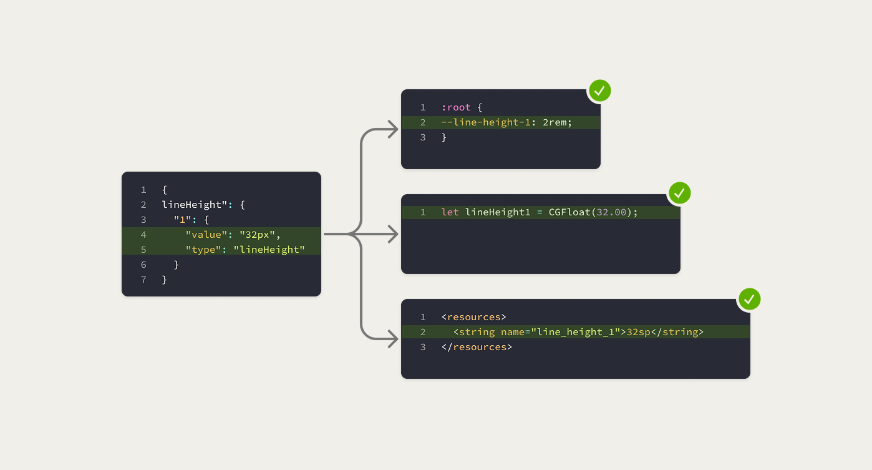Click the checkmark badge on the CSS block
point(599,91)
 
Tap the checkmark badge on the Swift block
point(679,193)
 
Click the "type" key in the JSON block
point(203,250)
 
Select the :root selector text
point(456,107)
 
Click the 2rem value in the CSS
point(555,122)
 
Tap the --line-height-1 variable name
point(486,122)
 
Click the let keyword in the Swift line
point(450,212)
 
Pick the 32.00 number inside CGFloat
point(611,212)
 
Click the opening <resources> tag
point(474,317)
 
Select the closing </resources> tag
point(477,347)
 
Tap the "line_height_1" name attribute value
point(575,332)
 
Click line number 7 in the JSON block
point(143,280)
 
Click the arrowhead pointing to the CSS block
point(394,130)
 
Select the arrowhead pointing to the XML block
point(394,340)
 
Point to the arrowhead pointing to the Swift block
point(394,235)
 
